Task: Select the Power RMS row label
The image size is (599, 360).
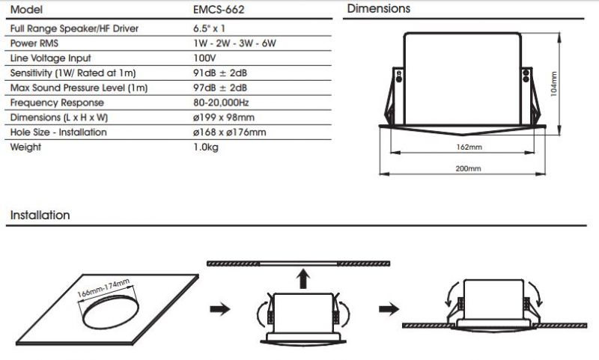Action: pyautogui.click(x=34, y=43)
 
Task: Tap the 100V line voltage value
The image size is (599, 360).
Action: pyautogui.click(x=204, y=58)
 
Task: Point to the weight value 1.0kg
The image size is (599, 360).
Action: pyautogui.click(x=206, y=147)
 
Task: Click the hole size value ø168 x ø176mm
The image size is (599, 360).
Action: pyautogui.click(x=229, y=132)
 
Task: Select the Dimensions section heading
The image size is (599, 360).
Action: pyautogui.click(x=379, y=9)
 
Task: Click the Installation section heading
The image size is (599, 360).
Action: pyautogui.click(x=40, y=216)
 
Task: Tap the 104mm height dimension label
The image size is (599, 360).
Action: pyautogui.click(x=554, y=85)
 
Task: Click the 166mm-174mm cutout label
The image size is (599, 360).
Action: pyautogui.click(x=103, y=291)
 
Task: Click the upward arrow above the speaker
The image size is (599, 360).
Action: pyautogui.click(x=302, y=280)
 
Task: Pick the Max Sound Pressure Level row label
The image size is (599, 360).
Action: pyautogui.click(x=79, y=88)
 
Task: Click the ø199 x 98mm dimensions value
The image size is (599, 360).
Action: pyautogui.click(x=223, y=118)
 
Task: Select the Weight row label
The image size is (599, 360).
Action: pyautogui.click(x=25, y=147)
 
